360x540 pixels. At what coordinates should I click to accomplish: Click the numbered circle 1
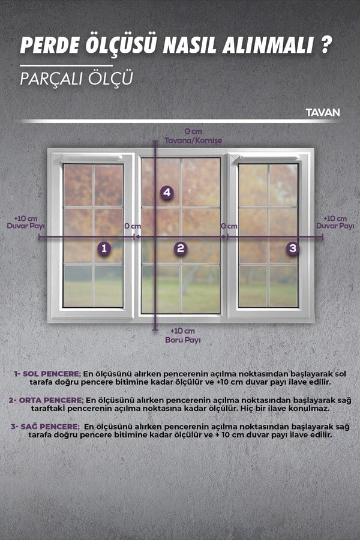pyautogui.click(x=104, y=248)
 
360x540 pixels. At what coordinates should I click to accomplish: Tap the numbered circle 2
pyautogui.click(x=181, y=248)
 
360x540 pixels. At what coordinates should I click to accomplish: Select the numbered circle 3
pyautogui.click(x=292, y=248)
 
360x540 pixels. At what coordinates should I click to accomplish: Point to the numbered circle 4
pyautogui.click(x=167, y=193)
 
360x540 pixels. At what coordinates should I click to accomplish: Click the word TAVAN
pyautogui.click(x=322, y=113)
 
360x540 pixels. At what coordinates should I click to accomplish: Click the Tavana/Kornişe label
pyautogui.click(x=193, y=140)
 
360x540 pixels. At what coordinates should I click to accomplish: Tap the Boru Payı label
pyautogui.click(x=182, y=340)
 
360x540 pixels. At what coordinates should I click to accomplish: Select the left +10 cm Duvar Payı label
pyautogui.click(x=26, y=222)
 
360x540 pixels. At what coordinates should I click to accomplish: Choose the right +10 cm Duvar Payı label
pyautogui.click(x=335, y=222)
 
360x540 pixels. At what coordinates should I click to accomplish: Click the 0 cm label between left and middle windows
pyautogui.click(x=133, y=226)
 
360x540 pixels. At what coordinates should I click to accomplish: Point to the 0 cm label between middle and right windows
pyautogui.click(x=229, y=226)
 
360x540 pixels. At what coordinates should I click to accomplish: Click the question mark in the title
pyautogui.click(x=326, y=45)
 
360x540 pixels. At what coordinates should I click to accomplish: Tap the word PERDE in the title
pyautogui.click(x=50, y=46)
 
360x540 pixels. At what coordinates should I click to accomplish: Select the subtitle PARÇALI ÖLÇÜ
pyautogui.click(x=76, y=79)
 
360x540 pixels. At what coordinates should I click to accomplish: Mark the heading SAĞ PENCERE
pyautogui.click(x=50, y=427)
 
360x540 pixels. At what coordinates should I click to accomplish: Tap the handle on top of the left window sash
pyautogui.click(x=92, y=157)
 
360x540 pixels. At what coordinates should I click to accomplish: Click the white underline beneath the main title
pyautogui.click(x=66, y=65)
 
